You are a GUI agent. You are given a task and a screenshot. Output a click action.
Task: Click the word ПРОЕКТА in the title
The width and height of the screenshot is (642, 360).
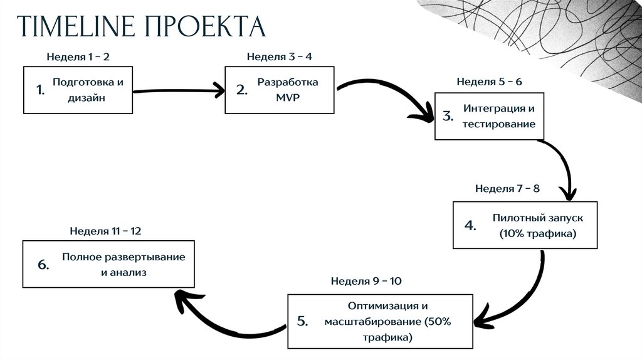(206, 27)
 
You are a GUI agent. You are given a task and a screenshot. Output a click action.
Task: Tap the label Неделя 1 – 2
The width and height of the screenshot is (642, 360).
(78, 57)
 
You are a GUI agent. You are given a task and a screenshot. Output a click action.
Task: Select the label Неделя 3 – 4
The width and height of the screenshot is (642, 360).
(280, 57)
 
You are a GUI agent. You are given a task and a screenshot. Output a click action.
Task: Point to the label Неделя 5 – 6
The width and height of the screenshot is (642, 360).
(489, 82)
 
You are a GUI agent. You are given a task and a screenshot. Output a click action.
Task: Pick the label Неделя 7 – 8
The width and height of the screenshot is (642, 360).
(507, 188)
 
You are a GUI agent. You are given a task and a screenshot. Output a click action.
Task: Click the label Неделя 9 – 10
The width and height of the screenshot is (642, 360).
(366, 280)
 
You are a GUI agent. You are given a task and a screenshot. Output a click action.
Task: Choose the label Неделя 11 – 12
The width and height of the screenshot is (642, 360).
(105, 231)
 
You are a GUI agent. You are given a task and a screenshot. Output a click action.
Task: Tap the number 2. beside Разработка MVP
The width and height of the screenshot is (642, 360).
(242, 90)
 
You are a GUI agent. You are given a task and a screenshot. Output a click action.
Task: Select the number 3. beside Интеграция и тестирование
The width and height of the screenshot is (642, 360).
(448, 116)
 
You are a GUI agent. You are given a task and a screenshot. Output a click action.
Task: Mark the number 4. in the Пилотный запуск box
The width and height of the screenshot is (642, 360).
(471, 226)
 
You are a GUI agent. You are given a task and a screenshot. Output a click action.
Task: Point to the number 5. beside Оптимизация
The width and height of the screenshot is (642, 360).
(302, 322)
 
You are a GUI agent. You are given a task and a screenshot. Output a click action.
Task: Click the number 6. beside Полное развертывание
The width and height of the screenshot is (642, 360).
(43, 265)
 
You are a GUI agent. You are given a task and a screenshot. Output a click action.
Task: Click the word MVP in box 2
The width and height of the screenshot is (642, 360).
(288, 98)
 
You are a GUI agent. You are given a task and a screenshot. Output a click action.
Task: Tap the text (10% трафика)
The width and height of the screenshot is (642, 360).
(537, 234)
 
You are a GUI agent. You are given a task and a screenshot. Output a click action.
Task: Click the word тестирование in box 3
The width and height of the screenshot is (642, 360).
(499, 124)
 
